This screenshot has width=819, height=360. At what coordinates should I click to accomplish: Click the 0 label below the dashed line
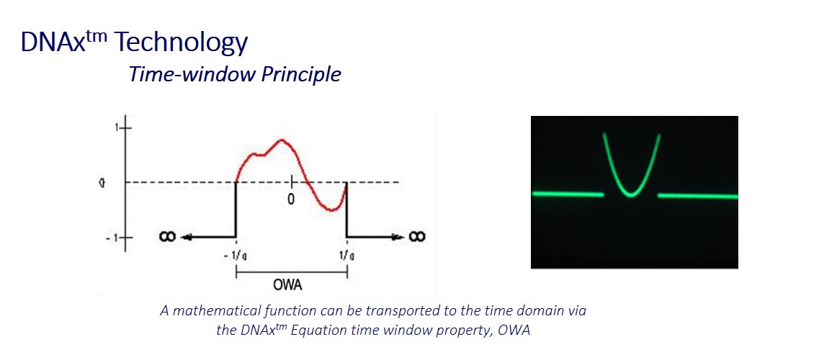pyautogui.click(x=292, y=200)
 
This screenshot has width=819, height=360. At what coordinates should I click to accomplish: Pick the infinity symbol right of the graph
pyautogui.click(x=416, y=237)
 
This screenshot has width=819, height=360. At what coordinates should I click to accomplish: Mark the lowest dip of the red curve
pyautogui.click(x=332, y=210)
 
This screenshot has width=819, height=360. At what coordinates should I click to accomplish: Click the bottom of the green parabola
pyautogui.click(x=632, y=196)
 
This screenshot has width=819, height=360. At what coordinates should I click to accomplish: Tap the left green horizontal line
pyautogui.click(x=568, y=194)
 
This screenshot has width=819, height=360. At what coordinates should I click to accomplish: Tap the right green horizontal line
pyautogui.click(x=698, y=196)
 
